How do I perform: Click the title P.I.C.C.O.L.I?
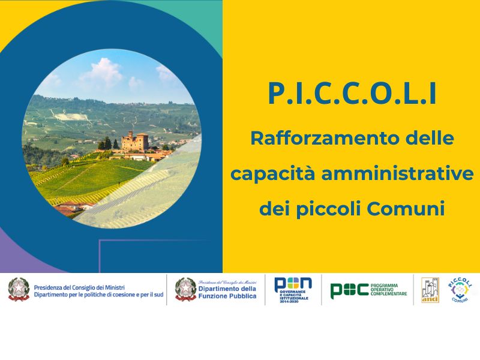pyautogui.click(x=352, y=95)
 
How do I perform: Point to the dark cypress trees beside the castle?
pyautogui.click(x=106, y=143)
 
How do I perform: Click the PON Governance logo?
pyautogui.click(x=293, y=290)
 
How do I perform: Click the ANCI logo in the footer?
pyautogui.click(x=430, y=290)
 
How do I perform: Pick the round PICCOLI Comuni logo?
pyautogui.click(x=461, y=290)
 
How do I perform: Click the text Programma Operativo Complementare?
pyautogui.click(x=388, y=290)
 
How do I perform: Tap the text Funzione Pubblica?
pyautogui.click(x=227, y=296)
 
